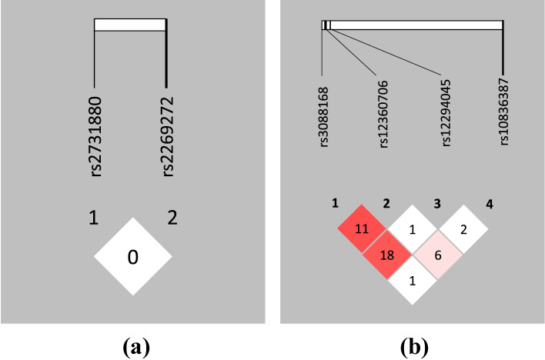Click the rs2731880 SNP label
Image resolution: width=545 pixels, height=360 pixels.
[x=95, y=137]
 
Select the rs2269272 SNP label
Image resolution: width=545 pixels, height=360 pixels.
[x=167, y=137]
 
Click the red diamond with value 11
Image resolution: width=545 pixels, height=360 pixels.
[x=363, y=228]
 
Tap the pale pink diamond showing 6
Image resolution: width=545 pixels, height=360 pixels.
[x=438, y=254]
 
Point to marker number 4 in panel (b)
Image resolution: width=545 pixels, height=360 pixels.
[x=490, y=205]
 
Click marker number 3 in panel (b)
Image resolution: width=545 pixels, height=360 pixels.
[x=438, y=205]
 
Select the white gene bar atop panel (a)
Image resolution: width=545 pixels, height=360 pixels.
[x=130, y=25]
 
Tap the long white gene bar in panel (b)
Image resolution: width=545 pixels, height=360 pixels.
[x=416, y=25]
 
